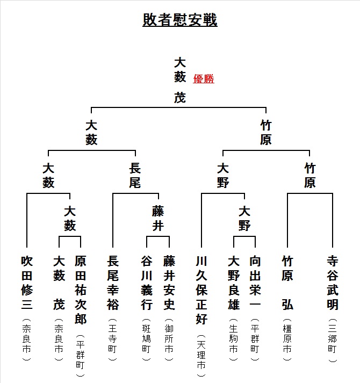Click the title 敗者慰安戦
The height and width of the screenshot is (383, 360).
[180, 19]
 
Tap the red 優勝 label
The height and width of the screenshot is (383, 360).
[204, 78]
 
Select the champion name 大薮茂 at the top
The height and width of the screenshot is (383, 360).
[180, 80]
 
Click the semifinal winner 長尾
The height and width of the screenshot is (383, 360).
[135, 175]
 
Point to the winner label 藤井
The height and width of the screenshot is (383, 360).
[158, 218]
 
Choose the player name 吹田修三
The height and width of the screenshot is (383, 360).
[27, 283]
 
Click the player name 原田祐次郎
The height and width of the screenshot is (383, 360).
[81, 290]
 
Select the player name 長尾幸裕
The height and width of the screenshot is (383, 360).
[113, 283]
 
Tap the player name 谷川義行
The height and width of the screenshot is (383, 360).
[147, 283]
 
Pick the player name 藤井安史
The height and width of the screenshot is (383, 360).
[169, 283]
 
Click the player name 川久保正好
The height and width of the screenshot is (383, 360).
[201, 290]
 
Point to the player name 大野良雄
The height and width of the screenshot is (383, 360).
[234, 283]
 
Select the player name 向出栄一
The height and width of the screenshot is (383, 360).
[255, 283]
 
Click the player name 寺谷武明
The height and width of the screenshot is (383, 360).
[333, 283]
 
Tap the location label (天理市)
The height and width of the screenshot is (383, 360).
[201, 356]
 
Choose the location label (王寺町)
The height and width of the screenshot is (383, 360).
[113, 339]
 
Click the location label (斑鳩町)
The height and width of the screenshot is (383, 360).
[147, 339]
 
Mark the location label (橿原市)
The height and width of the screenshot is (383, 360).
[287, 339]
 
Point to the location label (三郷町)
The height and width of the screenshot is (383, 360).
[333, 340]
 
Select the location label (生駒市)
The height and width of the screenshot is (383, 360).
[234, 339]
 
